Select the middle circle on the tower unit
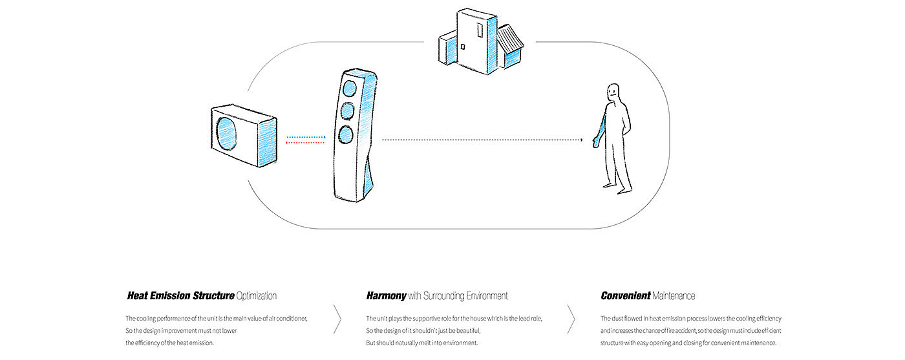tap(348, 111)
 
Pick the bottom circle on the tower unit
tap(345, 135)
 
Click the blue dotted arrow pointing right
tap(305, 137)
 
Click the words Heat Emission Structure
tap(180, 296)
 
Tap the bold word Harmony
tap(386, 296)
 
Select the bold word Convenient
tap(624, 296)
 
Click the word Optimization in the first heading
tap(257, 296)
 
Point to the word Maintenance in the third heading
tap(674, 296)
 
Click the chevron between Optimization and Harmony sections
tap(337, 318)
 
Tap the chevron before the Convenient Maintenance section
tap(571, 318)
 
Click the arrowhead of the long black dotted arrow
tap(580, 140)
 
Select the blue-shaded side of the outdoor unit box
tap(267, 143)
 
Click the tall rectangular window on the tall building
tap(478, 30)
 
